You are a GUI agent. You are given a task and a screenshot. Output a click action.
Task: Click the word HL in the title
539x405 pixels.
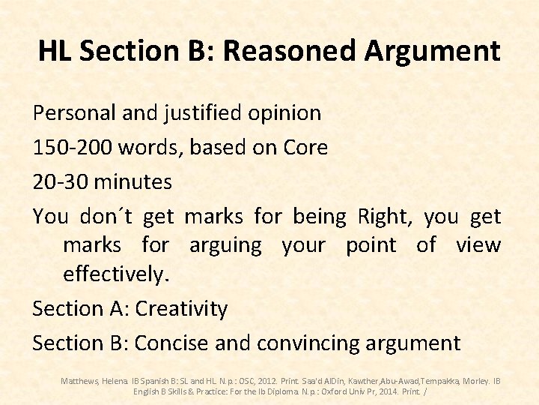tap(55, 51)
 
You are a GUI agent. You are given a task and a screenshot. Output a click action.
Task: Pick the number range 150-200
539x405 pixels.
tap(70, 147)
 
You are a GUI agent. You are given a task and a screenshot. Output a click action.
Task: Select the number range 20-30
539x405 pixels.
tap(60, 181)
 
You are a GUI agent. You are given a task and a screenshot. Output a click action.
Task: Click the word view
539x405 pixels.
tap(479, 245)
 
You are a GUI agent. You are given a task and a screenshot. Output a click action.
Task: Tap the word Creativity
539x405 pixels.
tap(181, 308)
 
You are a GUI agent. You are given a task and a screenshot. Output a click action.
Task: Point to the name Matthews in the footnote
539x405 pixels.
tap(79, 381)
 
